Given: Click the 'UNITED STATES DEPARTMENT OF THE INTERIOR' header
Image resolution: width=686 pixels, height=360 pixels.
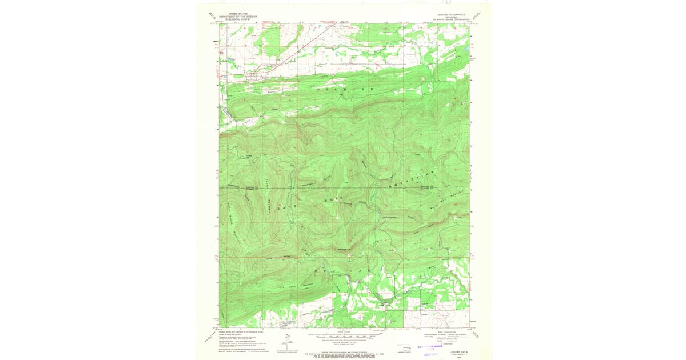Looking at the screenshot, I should pyautogui.click(x=243, y=15).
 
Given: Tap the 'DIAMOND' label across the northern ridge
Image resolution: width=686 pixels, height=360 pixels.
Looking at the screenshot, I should pyautogui.click(x=343, y=90).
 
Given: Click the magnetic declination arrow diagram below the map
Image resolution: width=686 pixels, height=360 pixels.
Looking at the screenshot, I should pyautogui.click(x=285, y=343).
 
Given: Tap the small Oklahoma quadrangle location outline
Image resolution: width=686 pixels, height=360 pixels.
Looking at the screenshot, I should pyautogui.click(x=406, y=347).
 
